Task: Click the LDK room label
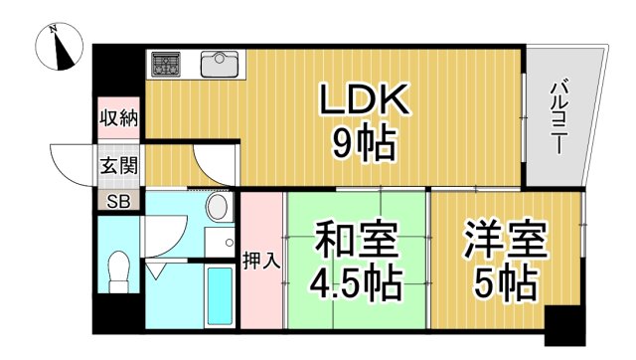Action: point(364,101)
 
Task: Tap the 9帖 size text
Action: point(364,146)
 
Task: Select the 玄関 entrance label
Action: point(117,164)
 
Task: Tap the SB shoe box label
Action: point(117,200)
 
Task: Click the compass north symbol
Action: point(62,47)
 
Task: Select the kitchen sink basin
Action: point(220,65)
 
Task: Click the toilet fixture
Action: point(119,270)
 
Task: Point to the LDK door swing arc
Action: point(215,164)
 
